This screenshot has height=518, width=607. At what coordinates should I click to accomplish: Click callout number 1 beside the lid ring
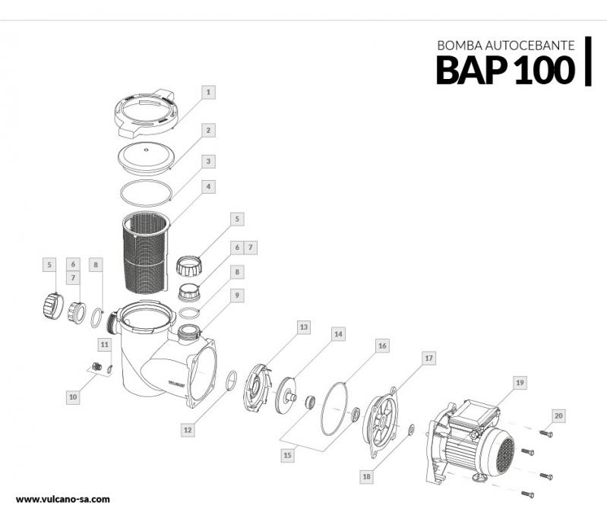(x=208, y=92)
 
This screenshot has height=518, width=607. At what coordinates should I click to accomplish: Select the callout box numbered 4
(x=208, y=187)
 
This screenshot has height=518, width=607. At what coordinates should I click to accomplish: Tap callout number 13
(x=304, y=327)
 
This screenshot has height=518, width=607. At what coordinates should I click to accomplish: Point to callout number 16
(x=382, y=346)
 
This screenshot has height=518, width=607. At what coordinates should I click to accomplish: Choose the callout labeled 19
(x=520, y=383)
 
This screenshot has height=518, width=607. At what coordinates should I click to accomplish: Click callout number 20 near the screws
(x=558, y=415)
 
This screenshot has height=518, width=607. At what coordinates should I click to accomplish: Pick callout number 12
(x=188, y=430)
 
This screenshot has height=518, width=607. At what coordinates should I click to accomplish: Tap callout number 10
(x=73, y=396)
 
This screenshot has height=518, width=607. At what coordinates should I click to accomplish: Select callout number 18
(x=367, y=476)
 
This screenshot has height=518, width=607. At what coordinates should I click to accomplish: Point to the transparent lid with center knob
(x=146, y=158)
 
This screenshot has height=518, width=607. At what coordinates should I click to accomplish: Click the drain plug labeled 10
(x=96, y=366)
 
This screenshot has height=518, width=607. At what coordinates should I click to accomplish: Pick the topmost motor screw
(x=545, y=434)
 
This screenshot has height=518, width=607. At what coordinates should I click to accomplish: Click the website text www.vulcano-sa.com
(x=63, y=499)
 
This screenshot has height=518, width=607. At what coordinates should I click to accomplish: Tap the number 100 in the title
(x=544, y=70)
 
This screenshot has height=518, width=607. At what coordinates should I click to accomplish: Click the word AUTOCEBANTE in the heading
(x=530, y=46)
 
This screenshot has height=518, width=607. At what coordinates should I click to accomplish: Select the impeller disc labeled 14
(x=286, y=396)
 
